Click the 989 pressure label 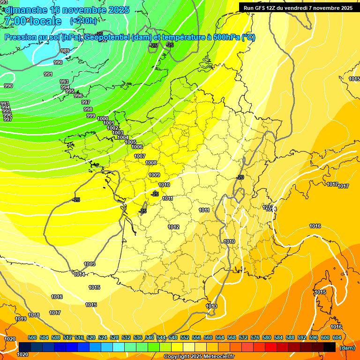[x=65, y=51]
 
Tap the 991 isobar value [x=48, y=74]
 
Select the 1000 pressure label [x=103, y=119]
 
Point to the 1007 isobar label [x=140, y=156]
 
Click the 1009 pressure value [x=154, y=175]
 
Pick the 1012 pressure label [x=173, y=227]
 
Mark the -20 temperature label [x=240, y=177]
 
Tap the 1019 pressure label [x=21, y=319]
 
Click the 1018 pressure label [x=34, y=315]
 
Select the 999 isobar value [x=91, y=116]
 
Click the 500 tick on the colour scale [x=32, y=337]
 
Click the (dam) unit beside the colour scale [x=347, y=348]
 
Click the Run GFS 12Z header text [x=296, y=8]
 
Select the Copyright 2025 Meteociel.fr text [x=199, y=357]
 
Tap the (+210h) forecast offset [x=83, y=21]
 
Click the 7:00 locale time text [x=32, y=21]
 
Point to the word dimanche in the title [x=26, y=10]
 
